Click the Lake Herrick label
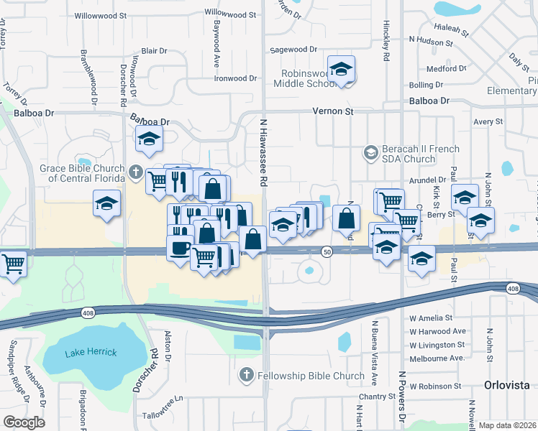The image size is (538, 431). [90, 353]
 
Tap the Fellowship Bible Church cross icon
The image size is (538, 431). [246, 375]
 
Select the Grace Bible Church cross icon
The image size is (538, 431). [137, 172]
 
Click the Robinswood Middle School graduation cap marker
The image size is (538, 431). [340, 70]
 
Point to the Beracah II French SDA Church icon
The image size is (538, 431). [370, 152]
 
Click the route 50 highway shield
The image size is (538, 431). [327, 251]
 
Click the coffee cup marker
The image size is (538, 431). [179, 249]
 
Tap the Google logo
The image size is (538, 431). [24, 422]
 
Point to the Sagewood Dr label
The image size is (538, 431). [293, 50]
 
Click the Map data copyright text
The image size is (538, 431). [506, 425]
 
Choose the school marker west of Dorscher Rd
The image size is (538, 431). [106, 203]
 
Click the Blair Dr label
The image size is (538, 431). [154, 51]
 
